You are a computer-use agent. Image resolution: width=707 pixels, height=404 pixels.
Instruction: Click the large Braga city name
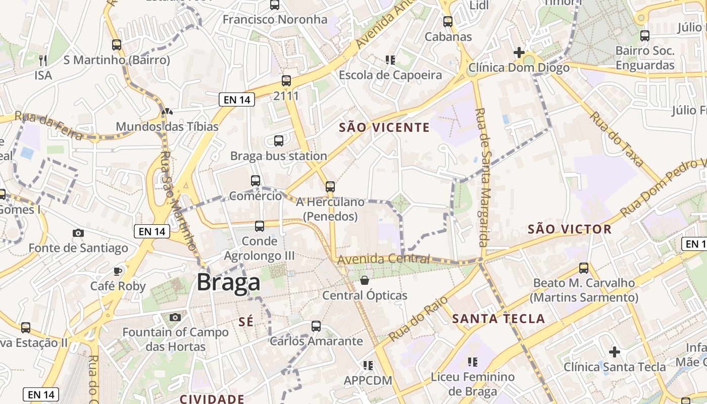point(228,282)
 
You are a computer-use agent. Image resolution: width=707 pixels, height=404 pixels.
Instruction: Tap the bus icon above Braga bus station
point(278,141)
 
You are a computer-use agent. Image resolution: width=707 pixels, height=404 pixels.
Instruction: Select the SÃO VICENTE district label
point(384,128)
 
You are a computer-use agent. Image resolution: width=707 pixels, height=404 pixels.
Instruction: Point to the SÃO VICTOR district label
point(570,229)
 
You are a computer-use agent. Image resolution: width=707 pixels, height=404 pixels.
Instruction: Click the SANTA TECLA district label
point(498,319)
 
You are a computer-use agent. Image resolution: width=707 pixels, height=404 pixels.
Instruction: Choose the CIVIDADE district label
point(212,399)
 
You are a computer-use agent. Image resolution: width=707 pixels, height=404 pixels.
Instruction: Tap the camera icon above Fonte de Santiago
point(78,233)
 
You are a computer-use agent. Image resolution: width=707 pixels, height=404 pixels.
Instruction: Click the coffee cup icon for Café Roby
point(118,271)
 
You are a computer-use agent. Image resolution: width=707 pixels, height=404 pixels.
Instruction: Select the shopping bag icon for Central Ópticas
point(364,280)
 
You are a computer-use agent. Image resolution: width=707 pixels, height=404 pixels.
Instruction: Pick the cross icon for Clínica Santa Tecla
point(614,351)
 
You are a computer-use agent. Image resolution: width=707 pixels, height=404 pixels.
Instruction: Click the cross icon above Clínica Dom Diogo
point(519,52)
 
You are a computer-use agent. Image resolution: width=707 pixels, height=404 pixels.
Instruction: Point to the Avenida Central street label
point(384,259)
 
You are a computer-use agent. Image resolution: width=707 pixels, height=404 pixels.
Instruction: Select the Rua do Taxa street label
point(617,139)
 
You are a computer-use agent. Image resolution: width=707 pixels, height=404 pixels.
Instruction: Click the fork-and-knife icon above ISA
point(43,60)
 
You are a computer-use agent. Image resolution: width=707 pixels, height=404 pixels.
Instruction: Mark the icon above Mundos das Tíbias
point(167,111)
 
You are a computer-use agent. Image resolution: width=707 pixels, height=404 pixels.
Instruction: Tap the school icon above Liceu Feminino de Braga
point(472,362)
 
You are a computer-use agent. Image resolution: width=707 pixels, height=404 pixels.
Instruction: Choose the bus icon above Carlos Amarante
point(316,326)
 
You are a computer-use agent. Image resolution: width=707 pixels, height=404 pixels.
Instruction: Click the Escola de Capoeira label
point(390,75)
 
